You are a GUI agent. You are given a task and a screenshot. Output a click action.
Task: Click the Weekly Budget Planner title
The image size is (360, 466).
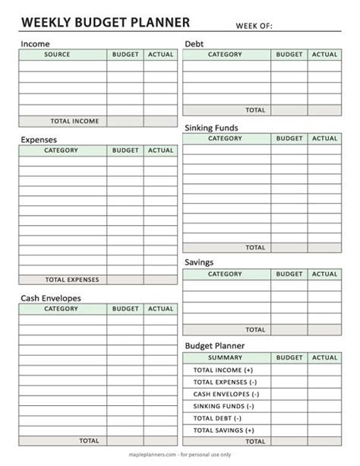coord(105,22)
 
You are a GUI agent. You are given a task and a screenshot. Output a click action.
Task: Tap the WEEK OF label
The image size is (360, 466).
coord(254,26)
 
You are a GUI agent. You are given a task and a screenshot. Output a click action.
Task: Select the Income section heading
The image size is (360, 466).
coord(35,44)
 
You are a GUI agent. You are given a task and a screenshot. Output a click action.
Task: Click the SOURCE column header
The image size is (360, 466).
coord(58,55)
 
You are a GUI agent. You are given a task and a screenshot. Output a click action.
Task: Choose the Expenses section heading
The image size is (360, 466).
coord(39,140)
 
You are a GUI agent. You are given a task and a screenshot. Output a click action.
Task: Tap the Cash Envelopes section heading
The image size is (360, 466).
coord(51,298)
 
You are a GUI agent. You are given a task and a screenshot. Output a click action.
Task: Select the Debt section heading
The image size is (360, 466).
coord(194,44)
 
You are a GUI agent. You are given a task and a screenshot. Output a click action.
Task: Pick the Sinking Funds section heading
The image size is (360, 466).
coord(211,128)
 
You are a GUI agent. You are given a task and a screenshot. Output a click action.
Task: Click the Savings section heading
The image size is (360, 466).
coord(199,262)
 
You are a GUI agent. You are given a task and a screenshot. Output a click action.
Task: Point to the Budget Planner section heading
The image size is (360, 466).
coord(214,346)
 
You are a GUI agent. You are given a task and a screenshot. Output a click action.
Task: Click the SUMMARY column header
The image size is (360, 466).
coord(225,357)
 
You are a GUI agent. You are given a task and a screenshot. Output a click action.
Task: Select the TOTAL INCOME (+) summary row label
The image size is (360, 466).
coord(223,369)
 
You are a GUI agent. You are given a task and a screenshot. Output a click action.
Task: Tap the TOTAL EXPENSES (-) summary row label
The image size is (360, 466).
coord(225,382)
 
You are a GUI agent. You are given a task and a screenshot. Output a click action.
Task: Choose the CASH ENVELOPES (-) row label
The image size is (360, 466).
coord(226,394)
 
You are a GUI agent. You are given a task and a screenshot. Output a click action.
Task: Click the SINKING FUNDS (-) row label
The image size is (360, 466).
coord(223,406)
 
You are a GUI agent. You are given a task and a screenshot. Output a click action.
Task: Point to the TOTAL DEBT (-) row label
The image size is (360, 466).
coord(217,418)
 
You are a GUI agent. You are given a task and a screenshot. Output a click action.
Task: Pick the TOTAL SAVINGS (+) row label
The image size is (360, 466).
coord(223,430)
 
